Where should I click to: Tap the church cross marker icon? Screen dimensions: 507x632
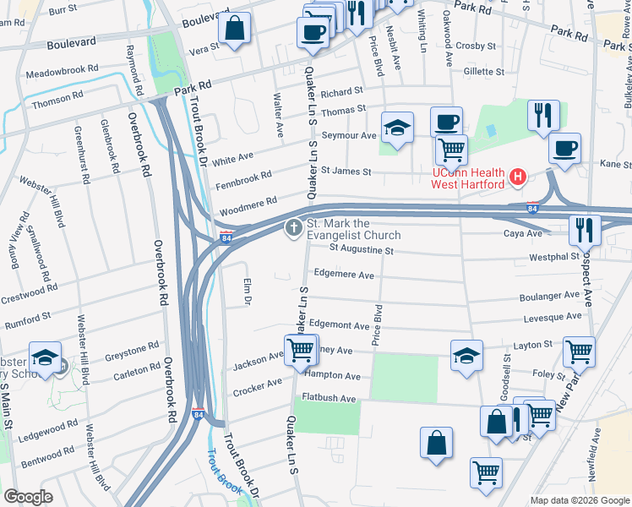[294, 227]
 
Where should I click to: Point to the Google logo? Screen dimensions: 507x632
[29, 497]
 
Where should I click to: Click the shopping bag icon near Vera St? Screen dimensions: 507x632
[234, 28]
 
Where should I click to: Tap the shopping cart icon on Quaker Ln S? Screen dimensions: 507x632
[300, 349]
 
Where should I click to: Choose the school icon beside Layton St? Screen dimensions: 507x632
[466, 356]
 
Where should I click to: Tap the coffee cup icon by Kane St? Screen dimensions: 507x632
[564, 148]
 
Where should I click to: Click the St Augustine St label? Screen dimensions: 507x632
[361, 250]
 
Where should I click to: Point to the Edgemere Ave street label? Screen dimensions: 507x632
[343, 275]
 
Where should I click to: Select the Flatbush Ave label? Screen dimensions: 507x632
[329, 398]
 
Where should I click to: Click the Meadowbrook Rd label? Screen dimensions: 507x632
[63, 68]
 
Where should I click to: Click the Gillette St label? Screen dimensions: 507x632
[483, 73]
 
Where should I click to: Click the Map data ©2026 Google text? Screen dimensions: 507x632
[579, 500]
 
